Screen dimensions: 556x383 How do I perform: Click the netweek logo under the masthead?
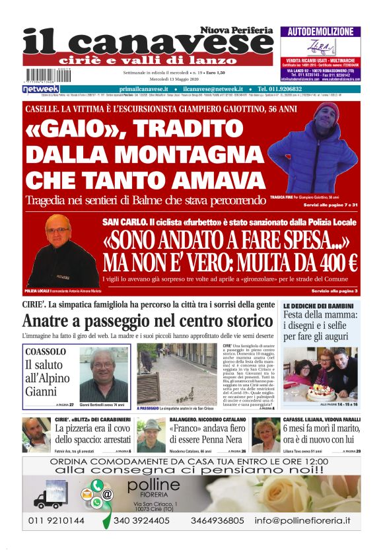[x=41, y=88]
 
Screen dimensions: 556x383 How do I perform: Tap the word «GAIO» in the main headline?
[x=73, y=128]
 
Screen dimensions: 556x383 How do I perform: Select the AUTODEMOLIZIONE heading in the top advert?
[x=320, y=31]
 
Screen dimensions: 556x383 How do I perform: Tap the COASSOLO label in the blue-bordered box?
[x=46, y=352]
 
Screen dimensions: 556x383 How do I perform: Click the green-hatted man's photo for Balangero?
[x=151, y=435]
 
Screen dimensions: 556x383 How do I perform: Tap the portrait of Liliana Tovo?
[x=265, y=435]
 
